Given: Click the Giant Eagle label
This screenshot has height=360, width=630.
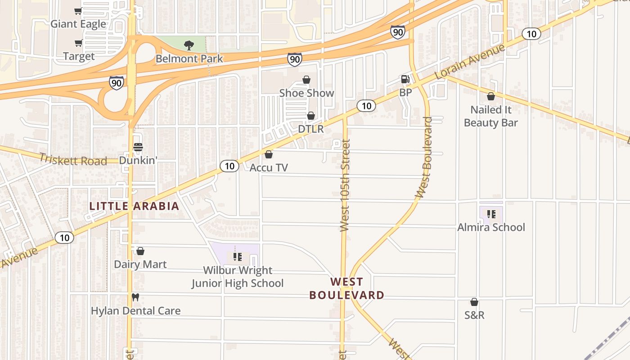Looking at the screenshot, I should (x=78, y=24).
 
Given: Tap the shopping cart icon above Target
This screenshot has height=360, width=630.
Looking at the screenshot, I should (x=78, y=43).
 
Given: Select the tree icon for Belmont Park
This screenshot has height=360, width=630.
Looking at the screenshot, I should (x=189, y=45).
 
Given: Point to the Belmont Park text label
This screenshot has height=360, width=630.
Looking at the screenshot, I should (x=189, y=58).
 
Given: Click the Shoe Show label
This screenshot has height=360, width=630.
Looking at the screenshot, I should (x=306, y=93).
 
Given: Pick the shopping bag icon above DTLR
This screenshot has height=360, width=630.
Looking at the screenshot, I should (x=310, y=116).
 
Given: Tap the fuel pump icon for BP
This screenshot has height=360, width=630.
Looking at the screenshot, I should (x=405, y=79).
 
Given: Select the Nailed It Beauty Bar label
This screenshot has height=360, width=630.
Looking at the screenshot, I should (x=490, y=116).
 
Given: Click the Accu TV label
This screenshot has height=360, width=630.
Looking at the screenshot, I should (x=269, y=167).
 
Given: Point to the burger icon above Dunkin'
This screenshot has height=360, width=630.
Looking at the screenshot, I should (x=138, y=147).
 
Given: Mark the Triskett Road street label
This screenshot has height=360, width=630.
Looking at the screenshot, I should (x=73, y=159).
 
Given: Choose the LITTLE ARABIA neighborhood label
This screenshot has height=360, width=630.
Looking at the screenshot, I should (x=134, y=206).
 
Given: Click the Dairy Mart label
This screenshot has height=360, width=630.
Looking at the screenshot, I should (x=140, y=264).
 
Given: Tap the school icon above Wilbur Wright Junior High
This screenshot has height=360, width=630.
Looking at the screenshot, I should (x=238, y=257).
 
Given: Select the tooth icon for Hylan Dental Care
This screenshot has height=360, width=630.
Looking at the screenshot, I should (x=135, y=297).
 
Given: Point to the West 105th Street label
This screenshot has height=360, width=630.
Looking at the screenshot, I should (x=345, y=185).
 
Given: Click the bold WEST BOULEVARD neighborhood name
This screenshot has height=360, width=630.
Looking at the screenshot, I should (x=346, y=288).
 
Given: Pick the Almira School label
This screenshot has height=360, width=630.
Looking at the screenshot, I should (x=491, y=227).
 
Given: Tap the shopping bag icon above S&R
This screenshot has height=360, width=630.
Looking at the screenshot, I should (x=474, y=302).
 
